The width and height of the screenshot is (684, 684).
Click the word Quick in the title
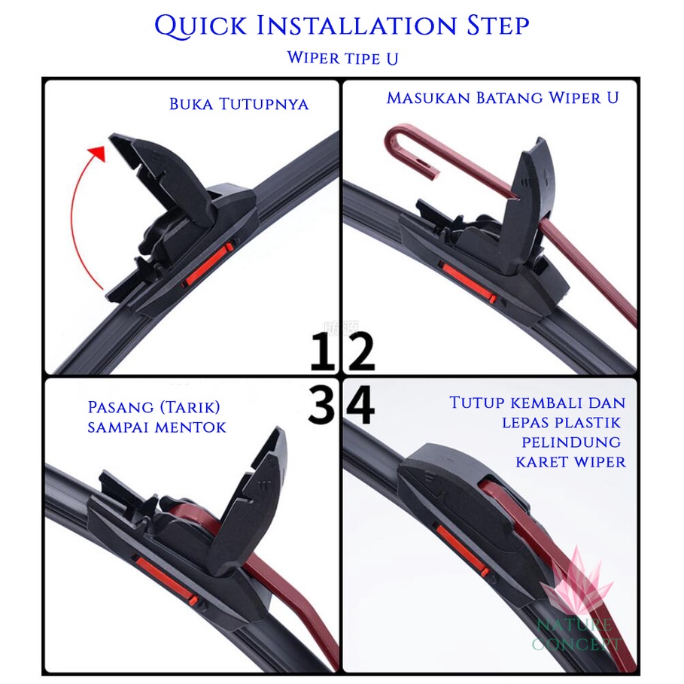point(201,26)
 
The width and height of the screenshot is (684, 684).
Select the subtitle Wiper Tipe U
point(342,58)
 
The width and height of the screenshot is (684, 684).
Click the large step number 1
point(322,351)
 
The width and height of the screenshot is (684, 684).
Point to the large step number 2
point(361,351)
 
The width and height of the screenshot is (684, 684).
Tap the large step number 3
point(321,404)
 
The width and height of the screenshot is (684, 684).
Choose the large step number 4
point(360,404)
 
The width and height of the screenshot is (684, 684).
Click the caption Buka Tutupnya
point(239,105)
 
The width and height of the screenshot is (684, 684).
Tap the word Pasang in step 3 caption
point(121,407)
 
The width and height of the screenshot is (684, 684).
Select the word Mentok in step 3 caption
point(190,427)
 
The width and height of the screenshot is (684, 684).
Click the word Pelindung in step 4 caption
point(571,442)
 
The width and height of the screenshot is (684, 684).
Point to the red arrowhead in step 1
point(98,153)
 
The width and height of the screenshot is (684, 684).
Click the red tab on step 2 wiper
point(467,281)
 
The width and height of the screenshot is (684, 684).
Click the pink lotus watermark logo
point(576,580)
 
